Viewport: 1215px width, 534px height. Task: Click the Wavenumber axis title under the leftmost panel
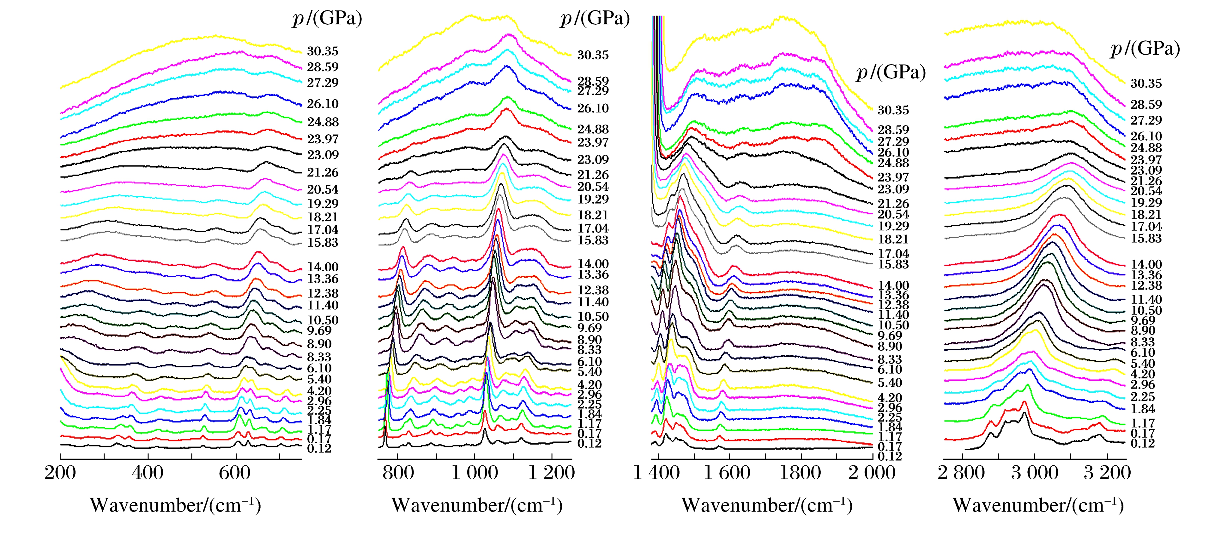pos(175,505)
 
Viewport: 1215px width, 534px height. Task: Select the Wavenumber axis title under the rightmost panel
pos(1038,505)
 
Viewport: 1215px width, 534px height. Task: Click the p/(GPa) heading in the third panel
pos(891,72)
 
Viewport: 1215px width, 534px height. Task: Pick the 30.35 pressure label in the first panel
pos(323,51)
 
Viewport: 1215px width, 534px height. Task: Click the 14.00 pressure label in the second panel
pos(593,264)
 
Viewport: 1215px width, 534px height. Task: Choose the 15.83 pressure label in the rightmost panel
pos(1146,238)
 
